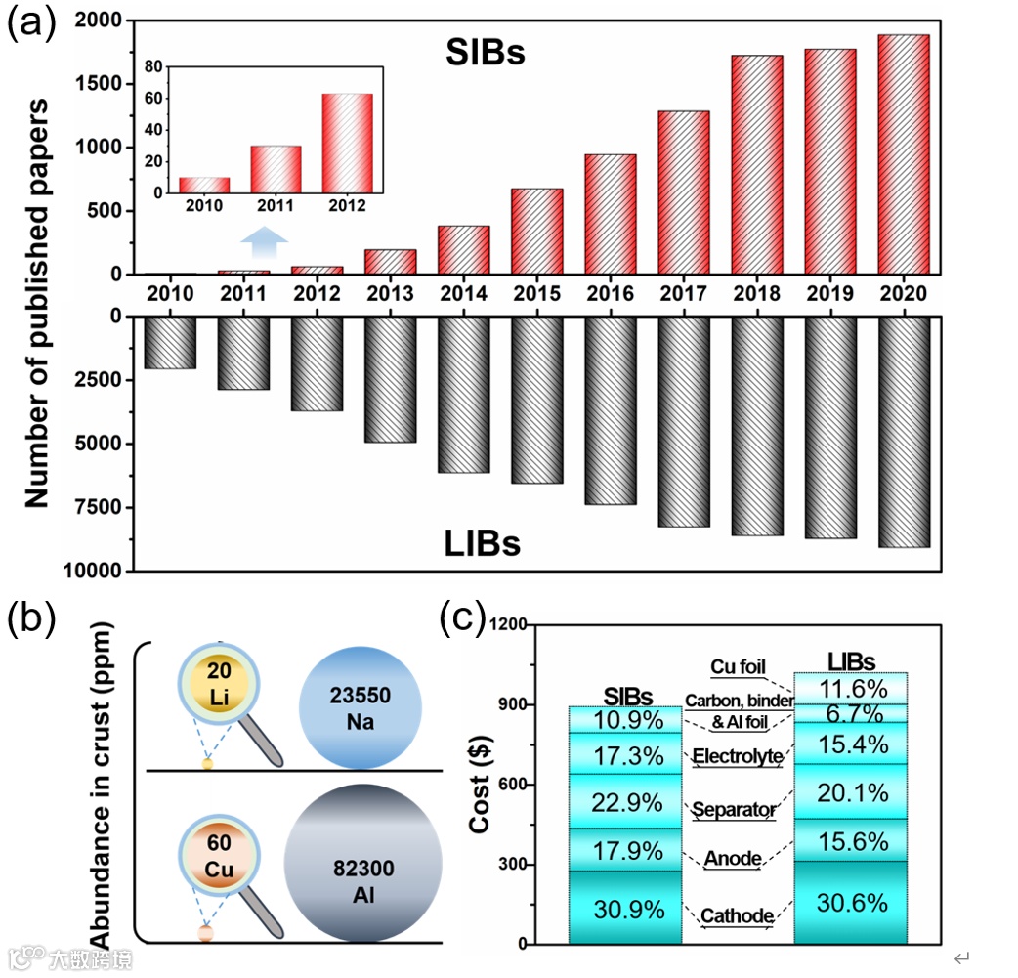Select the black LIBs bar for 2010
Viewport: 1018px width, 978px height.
point(170,342)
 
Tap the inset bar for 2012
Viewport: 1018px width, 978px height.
point(347,144)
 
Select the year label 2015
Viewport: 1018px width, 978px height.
point(536,293)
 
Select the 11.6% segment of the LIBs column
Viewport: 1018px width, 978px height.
point(853,688)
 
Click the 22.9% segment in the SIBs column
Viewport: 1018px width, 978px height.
point(626,801)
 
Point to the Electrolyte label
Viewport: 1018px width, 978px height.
point(737,755)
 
